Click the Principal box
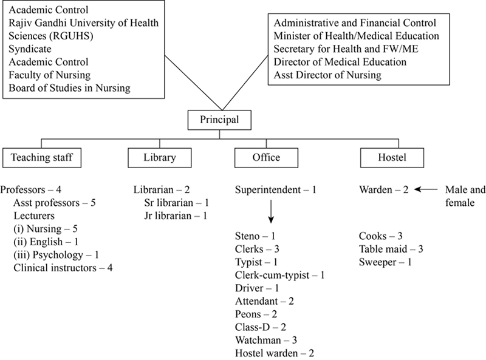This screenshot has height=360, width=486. coord(219,119)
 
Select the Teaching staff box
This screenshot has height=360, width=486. coord(41,158)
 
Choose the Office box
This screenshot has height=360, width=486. coord(266,158)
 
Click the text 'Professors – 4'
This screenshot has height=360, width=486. coord(31,191)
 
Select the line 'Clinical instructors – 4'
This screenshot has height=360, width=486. coord(63,267)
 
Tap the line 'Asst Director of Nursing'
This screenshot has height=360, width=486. coord(327,75)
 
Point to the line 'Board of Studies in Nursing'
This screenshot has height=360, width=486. coord(69,89)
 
